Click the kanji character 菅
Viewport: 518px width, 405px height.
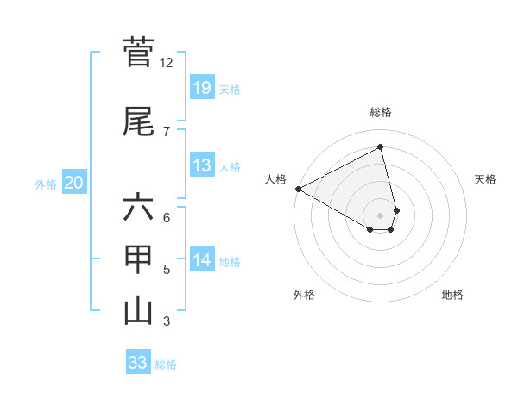point(138,53)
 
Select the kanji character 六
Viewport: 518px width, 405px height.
point(138,208)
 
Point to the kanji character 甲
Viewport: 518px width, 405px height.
point(138,259)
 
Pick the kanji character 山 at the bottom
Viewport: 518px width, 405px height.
point(138,311)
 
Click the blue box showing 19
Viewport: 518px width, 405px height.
point(201,87)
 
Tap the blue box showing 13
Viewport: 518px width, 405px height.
point(201,165)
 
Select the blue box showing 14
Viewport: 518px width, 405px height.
point(201,260)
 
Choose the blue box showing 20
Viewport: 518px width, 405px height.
point(74,183)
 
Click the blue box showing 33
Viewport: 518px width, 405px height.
point(138,363)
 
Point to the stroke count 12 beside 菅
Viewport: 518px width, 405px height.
point(167,63)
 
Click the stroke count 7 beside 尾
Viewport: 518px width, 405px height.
point(167,131)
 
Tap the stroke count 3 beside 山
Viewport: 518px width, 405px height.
point(167,321)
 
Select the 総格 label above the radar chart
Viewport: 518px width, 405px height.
point(381,112)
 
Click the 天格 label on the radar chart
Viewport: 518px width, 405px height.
point(485,179)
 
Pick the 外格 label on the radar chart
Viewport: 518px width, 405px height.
point(304,295)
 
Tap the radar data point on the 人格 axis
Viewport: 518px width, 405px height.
point(298,188)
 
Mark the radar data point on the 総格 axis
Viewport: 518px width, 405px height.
point(381,146)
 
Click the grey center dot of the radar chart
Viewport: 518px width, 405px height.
point(381,214)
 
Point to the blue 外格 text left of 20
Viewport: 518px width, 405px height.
point(46,184)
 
